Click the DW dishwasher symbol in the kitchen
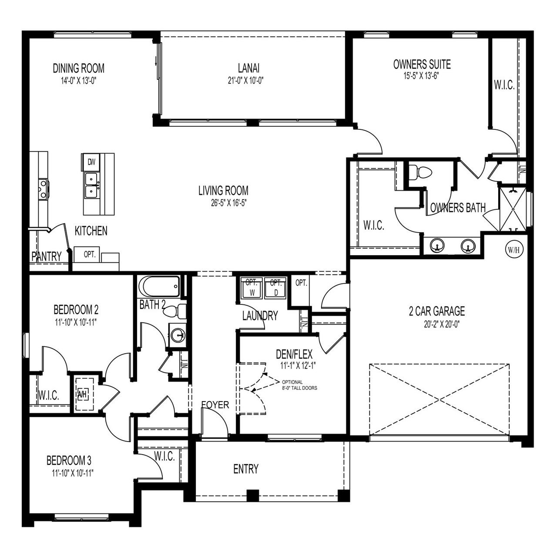pos(91,162)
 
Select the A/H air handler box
pos(82,395)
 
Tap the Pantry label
pos(47,256)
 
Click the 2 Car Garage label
pos(436,311)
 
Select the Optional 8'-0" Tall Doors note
pos(299,385)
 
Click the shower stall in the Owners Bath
pos(513,209)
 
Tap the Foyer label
pos(215,405)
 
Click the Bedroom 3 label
pos(69,460)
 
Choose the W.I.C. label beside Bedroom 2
pos(48,396)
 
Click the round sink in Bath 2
pos(177,335)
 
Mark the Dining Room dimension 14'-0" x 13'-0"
pos(78,81)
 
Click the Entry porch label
pos(246,469)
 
